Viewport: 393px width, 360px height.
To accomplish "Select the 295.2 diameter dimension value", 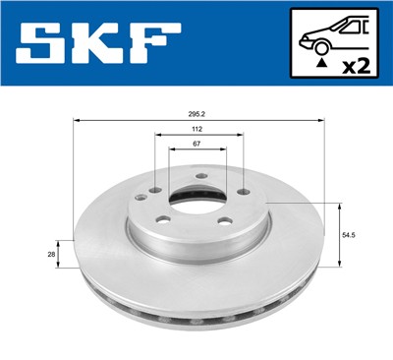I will click(197, 113).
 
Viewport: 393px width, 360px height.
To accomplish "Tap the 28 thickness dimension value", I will click(52, 254).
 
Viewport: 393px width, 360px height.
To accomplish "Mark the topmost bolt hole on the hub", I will click(199, 177).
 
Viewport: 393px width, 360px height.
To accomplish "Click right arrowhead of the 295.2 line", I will click(322, 121).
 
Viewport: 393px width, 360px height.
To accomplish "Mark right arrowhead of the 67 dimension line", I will click(227, 151).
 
